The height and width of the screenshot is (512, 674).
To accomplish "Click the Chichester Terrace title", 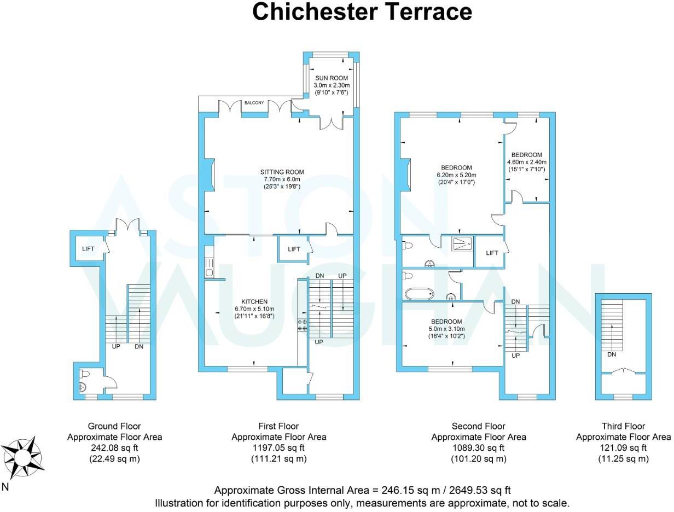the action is point(362,12).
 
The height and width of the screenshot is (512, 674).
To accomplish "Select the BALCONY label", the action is point(254,103).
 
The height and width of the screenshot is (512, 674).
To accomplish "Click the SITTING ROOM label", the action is point(282,172).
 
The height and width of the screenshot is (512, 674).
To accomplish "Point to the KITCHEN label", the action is point(254,301).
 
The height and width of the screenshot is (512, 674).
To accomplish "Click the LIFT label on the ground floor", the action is point(88,249).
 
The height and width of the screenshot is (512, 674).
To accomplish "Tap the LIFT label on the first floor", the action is point(294,249).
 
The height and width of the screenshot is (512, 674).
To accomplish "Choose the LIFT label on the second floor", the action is point(492,253).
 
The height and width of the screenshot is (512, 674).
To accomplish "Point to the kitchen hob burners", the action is point(302,325).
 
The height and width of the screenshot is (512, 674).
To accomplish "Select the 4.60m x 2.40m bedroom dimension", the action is point(527,162).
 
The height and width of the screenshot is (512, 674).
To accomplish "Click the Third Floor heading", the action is point(623,426).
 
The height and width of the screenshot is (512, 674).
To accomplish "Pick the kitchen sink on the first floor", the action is point(208,267).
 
